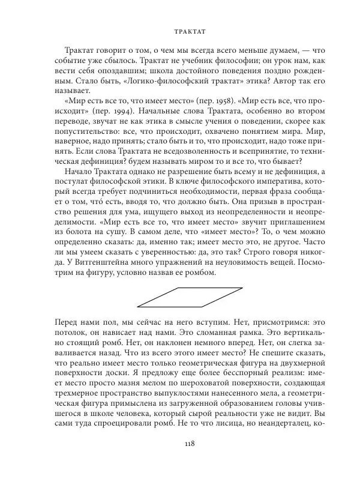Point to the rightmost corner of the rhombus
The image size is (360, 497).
242,288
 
